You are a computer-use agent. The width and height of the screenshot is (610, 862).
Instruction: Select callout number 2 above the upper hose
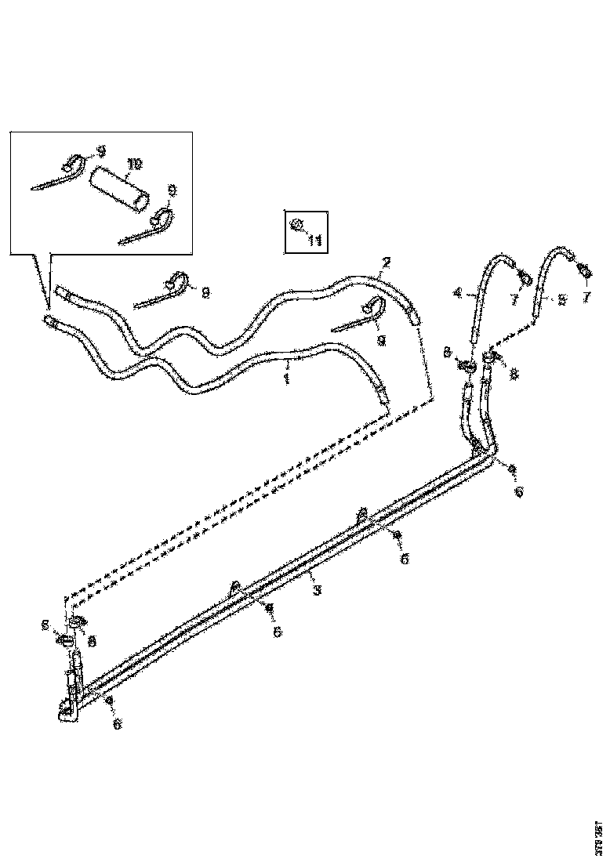coord(386,262)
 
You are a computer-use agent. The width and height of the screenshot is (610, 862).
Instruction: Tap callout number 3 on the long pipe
coord(316,590)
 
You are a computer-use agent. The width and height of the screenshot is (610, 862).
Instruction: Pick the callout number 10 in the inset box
coord(134,164)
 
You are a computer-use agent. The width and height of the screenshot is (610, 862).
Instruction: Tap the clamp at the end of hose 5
coord(583,270)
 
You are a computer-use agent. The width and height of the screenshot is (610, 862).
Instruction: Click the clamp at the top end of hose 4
coord(522,275)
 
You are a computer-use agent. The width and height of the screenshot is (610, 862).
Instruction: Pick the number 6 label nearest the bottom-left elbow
coord(117,724)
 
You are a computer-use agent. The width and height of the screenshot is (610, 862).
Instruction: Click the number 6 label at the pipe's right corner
coord(517,491)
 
